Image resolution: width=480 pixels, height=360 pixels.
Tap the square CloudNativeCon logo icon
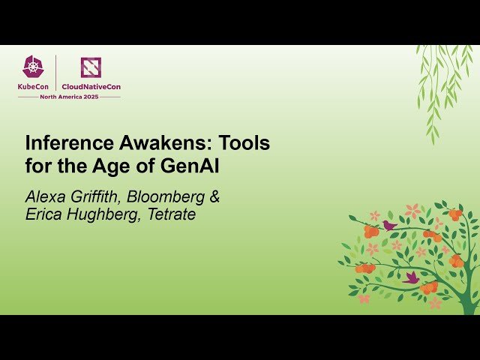tap(91, 67)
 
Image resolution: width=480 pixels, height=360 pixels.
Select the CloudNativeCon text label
tap(91, 86)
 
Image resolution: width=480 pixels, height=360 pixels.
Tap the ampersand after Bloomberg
tap(214, 197)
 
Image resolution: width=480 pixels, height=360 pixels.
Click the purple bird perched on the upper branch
tap(388, 224)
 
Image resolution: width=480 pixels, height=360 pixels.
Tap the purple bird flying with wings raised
tap(411, 277)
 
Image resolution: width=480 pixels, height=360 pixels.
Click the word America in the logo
tap(71, 97)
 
